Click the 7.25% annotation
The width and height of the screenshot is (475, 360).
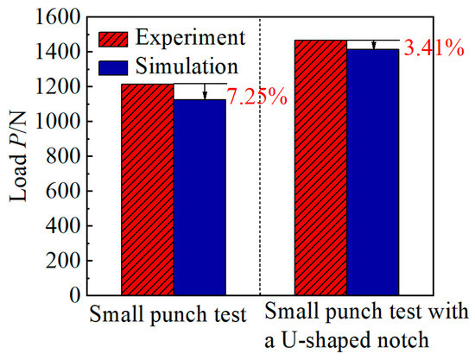click(x=256, y=97)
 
